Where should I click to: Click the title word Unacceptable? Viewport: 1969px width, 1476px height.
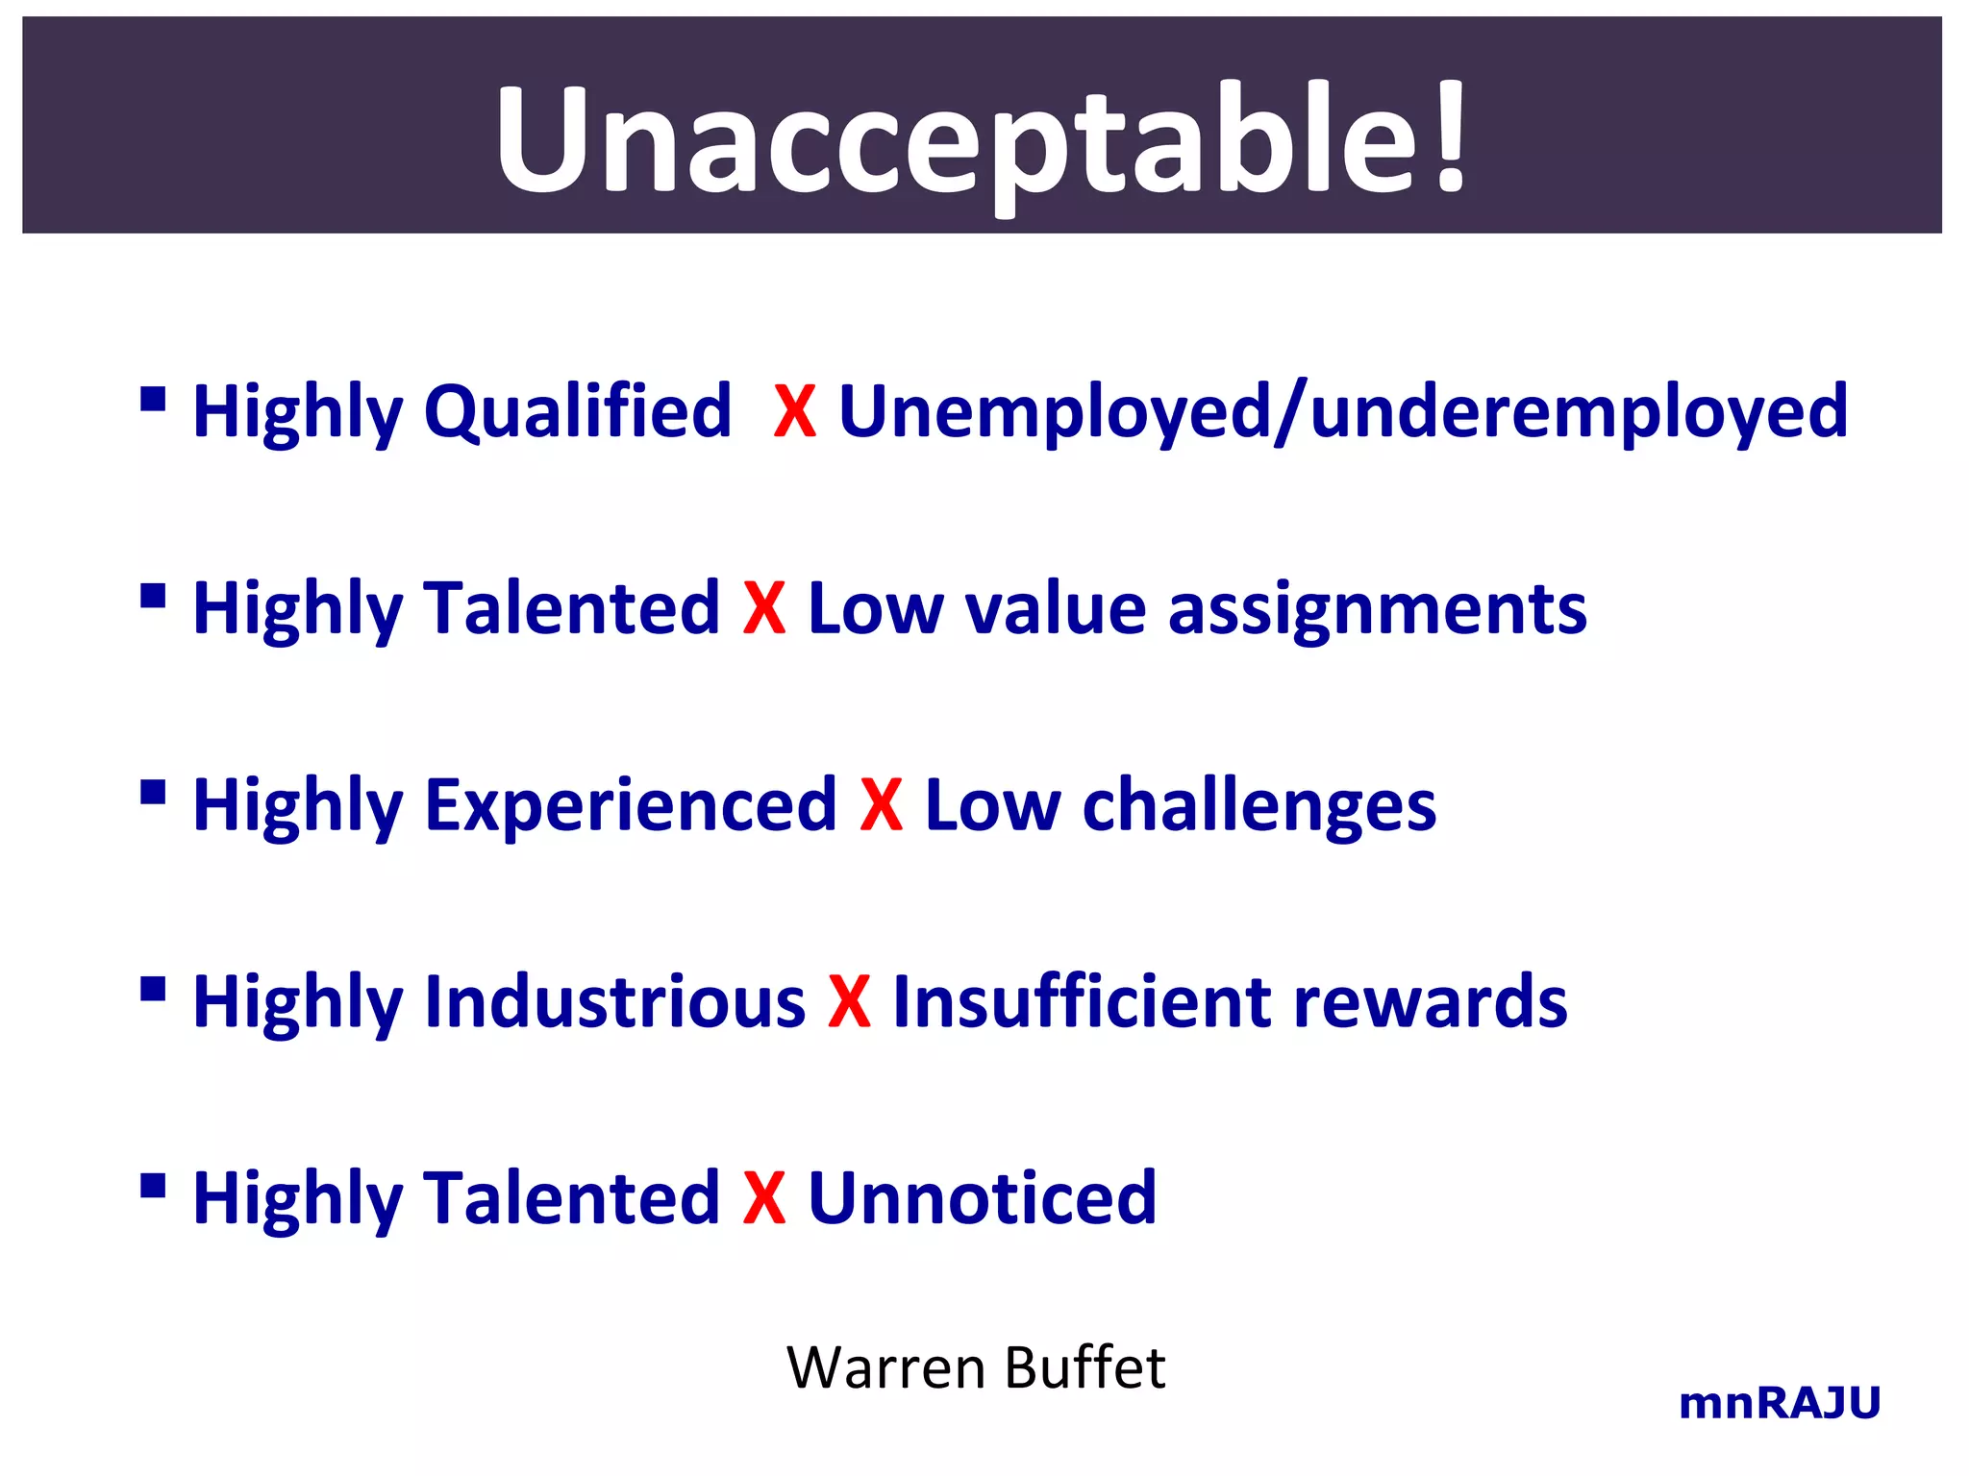coord(981,139)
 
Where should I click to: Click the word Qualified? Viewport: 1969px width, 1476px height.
coord(578,411)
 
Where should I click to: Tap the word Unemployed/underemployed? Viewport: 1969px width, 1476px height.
coord(1343,411)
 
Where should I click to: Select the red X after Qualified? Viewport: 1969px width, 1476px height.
coord(795,412)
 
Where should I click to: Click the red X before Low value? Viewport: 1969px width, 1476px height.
coord(764,608)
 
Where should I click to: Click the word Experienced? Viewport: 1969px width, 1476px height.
coord(631,805)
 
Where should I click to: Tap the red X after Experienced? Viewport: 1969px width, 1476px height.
coord(881,805)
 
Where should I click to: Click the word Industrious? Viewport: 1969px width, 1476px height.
coord(614,1001)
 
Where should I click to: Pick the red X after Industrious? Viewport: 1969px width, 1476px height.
coord(849,1001)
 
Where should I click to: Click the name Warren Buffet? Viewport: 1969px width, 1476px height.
coord(976,1367)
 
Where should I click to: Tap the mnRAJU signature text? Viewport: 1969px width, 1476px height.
coord(1779,1403)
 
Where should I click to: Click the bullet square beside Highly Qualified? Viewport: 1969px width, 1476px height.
coord(153,399)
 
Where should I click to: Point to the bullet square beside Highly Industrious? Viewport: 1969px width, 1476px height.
coord(153,989)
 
